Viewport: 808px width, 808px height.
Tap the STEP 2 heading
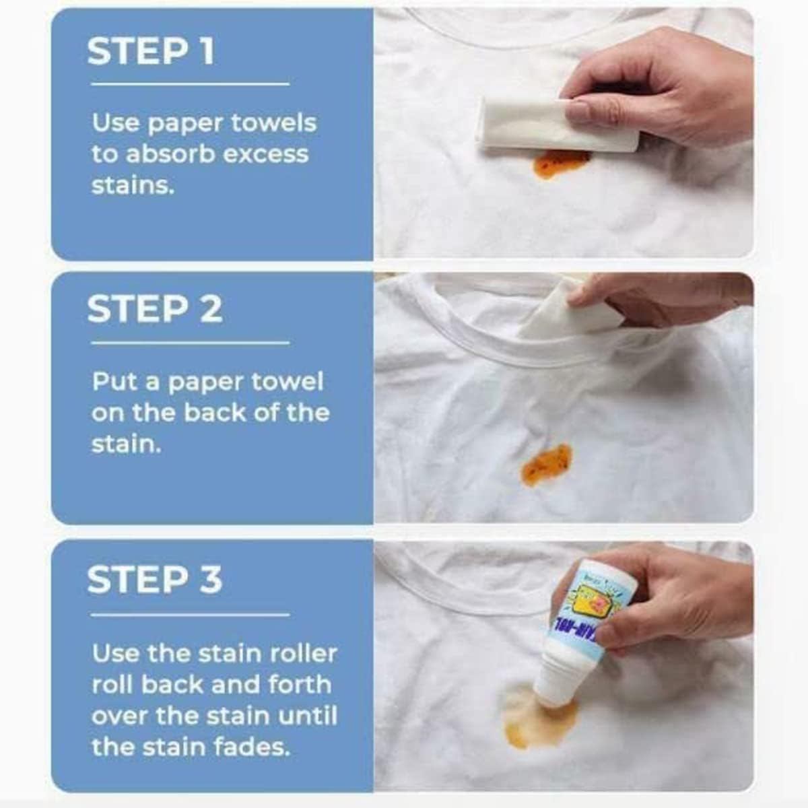154,309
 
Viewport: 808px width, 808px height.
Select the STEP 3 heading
154,579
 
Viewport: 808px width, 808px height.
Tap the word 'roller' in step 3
303,653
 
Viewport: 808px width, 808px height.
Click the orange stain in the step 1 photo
560,163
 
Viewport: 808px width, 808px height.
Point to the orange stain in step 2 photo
546,465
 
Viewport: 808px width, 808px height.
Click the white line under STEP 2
190,343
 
